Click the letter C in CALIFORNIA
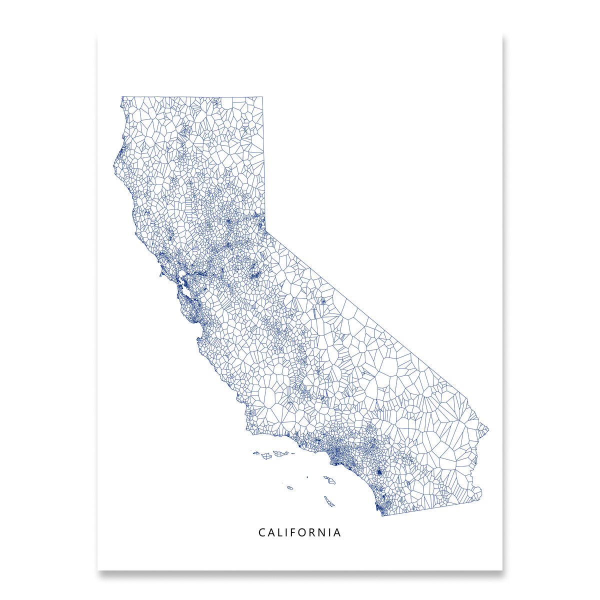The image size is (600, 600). coord(261,533)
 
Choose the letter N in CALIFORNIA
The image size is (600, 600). coord(326,533)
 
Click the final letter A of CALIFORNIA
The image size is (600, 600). coord(338,533)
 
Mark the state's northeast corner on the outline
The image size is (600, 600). coord(263,97)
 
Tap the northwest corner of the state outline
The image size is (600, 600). coord(122,97)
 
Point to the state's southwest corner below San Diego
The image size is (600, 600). coord(381,515)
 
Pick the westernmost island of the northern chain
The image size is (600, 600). coord(255,453)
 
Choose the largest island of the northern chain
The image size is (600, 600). coord(279,453)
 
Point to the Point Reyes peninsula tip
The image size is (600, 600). coord(159,274)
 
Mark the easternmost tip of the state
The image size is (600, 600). coord(488,429)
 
